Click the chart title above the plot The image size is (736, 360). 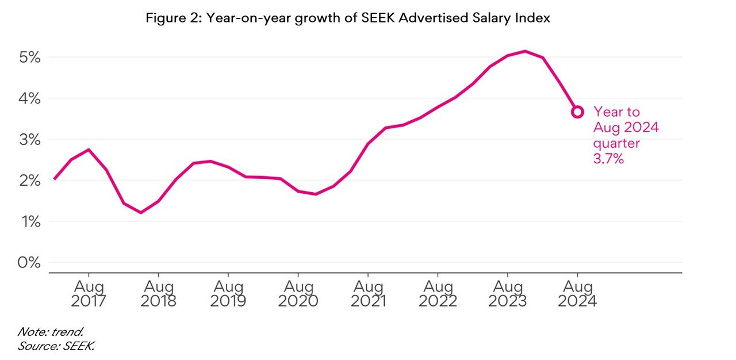(348, 18)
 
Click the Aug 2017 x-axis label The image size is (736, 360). (89, 293)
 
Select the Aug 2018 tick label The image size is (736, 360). (159, 293)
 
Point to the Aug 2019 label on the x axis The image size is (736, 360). (228, 293)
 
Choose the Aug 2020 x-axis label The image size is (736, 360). (298, 293)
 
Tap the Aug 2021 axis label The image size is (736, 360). (368, 293)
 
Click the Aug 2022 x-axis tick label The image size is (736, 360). (438, 293)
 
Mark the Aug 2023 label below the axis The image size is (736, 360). (508, 293)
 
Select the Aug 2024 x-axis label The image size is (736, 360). (577, 293)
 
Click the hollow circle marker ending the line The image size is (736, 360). (577, 112)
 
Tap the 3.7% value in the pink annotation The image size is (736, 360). (608, 159)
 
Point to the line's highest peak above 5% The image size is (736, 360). (525, 51)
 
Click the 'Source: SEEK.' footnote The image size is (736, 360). (55, 346)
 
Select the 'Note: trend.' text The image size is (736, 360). (51, 332)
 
